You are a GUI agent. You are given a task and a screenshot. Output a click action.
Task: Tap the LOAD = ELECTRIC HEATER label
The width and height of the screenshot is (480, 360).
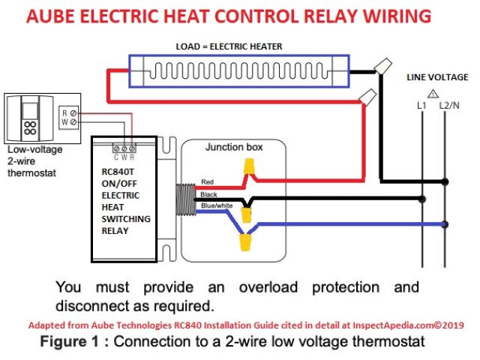click(x=229, y=46)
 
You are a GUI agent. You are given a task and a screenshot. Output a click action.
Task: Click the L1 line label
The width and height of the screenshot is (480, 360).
click(x=421, y=106)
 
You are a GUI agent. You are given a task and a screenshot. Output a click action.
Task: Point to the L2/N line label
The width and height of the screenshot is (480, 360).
click(x=449, y=106)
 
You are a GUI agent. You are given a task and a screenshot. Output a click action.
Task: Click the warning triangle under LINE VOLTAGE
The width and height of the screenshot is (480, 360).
click(x=433, y=93)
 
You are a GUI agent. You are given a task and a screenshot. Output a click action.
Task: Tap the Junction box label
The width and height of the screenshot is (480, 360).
click(x=234, y=147)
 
